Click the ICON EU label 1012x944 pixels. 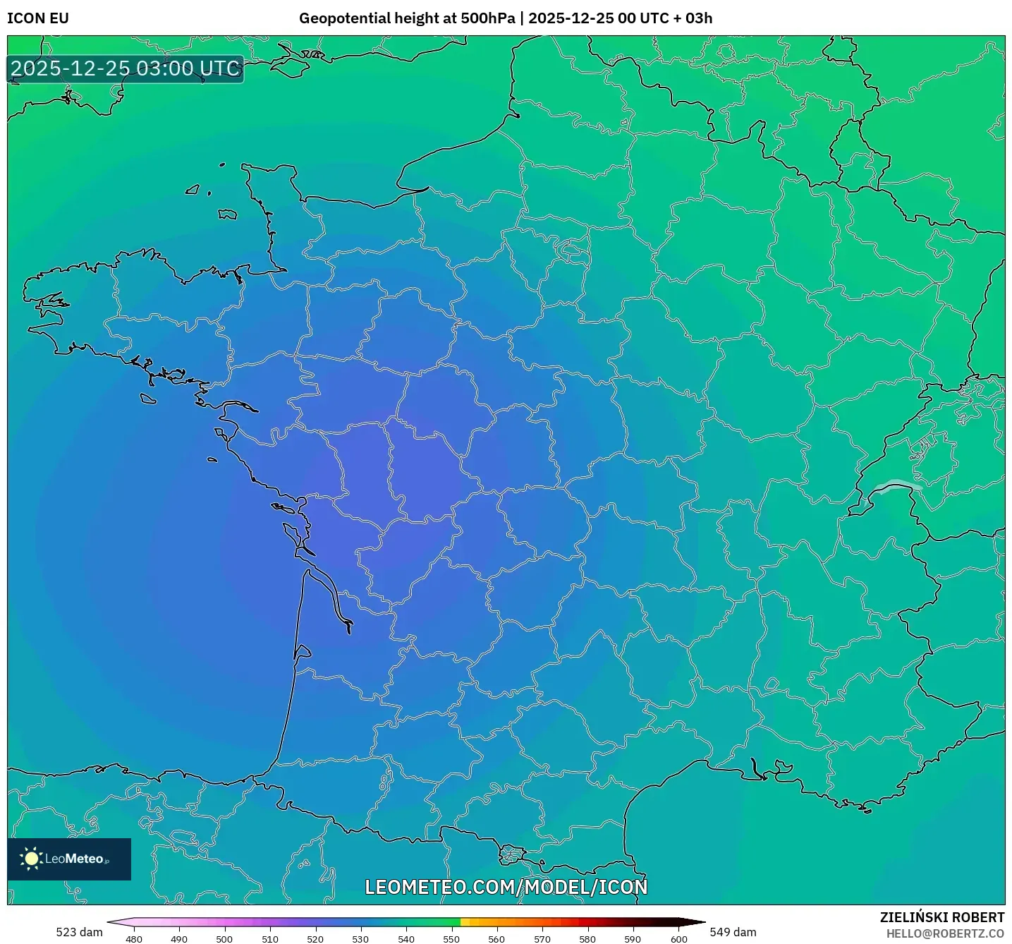[38, 18]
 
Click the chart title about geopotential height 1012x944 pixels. [506, 18]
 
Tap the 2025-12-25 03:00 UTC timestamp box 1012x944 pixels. [126, 68]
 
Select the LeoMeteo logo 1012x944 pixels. [69, 859]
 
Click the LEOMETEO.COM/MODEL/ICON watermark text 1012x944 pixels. [506, 887]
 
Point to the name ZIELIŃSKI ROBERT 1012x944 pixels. [942, 917]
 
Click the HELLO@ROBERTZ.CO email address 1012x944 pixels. [945, 933]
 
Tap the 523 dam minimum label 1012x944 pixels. [79, 932]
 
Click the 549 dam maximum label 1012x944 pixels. [733, 932]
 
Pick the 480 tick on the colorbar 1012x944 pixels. [133, 939]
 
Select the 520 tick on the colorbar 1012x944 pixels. [315, 939]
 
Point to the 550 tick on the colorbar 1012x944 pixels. [451, 939]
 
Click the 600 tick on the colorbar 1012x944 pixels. [678, 939]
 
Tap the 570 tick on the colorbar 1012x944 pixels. [542, 939]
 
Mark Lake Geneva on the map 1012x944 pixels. [894, 487]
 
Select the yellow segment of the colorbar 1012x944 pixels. [465, 922]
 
